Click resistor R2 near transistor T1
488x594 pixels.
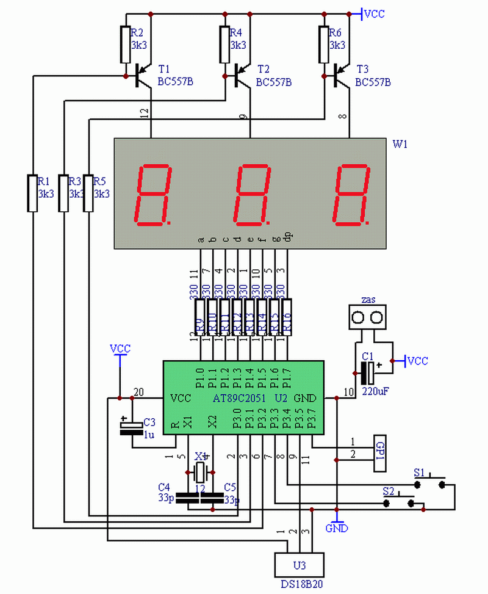[126, 45]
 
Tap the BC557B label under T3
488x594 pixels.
[373, 82]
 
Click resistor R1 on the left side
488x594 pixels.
[33, 193]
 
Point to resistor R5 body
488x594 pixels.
[88, 193]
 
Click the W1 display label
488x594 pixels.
[400, 145]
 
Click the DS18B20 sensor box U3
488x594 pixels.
[298, 565]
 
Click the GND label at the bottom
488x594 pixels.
[337, 528]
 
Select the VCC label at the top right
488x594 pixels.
[374, 13]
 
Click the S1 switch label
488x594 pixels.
[419, 472]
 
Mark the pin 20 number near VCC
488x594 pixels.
[138, 393]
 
